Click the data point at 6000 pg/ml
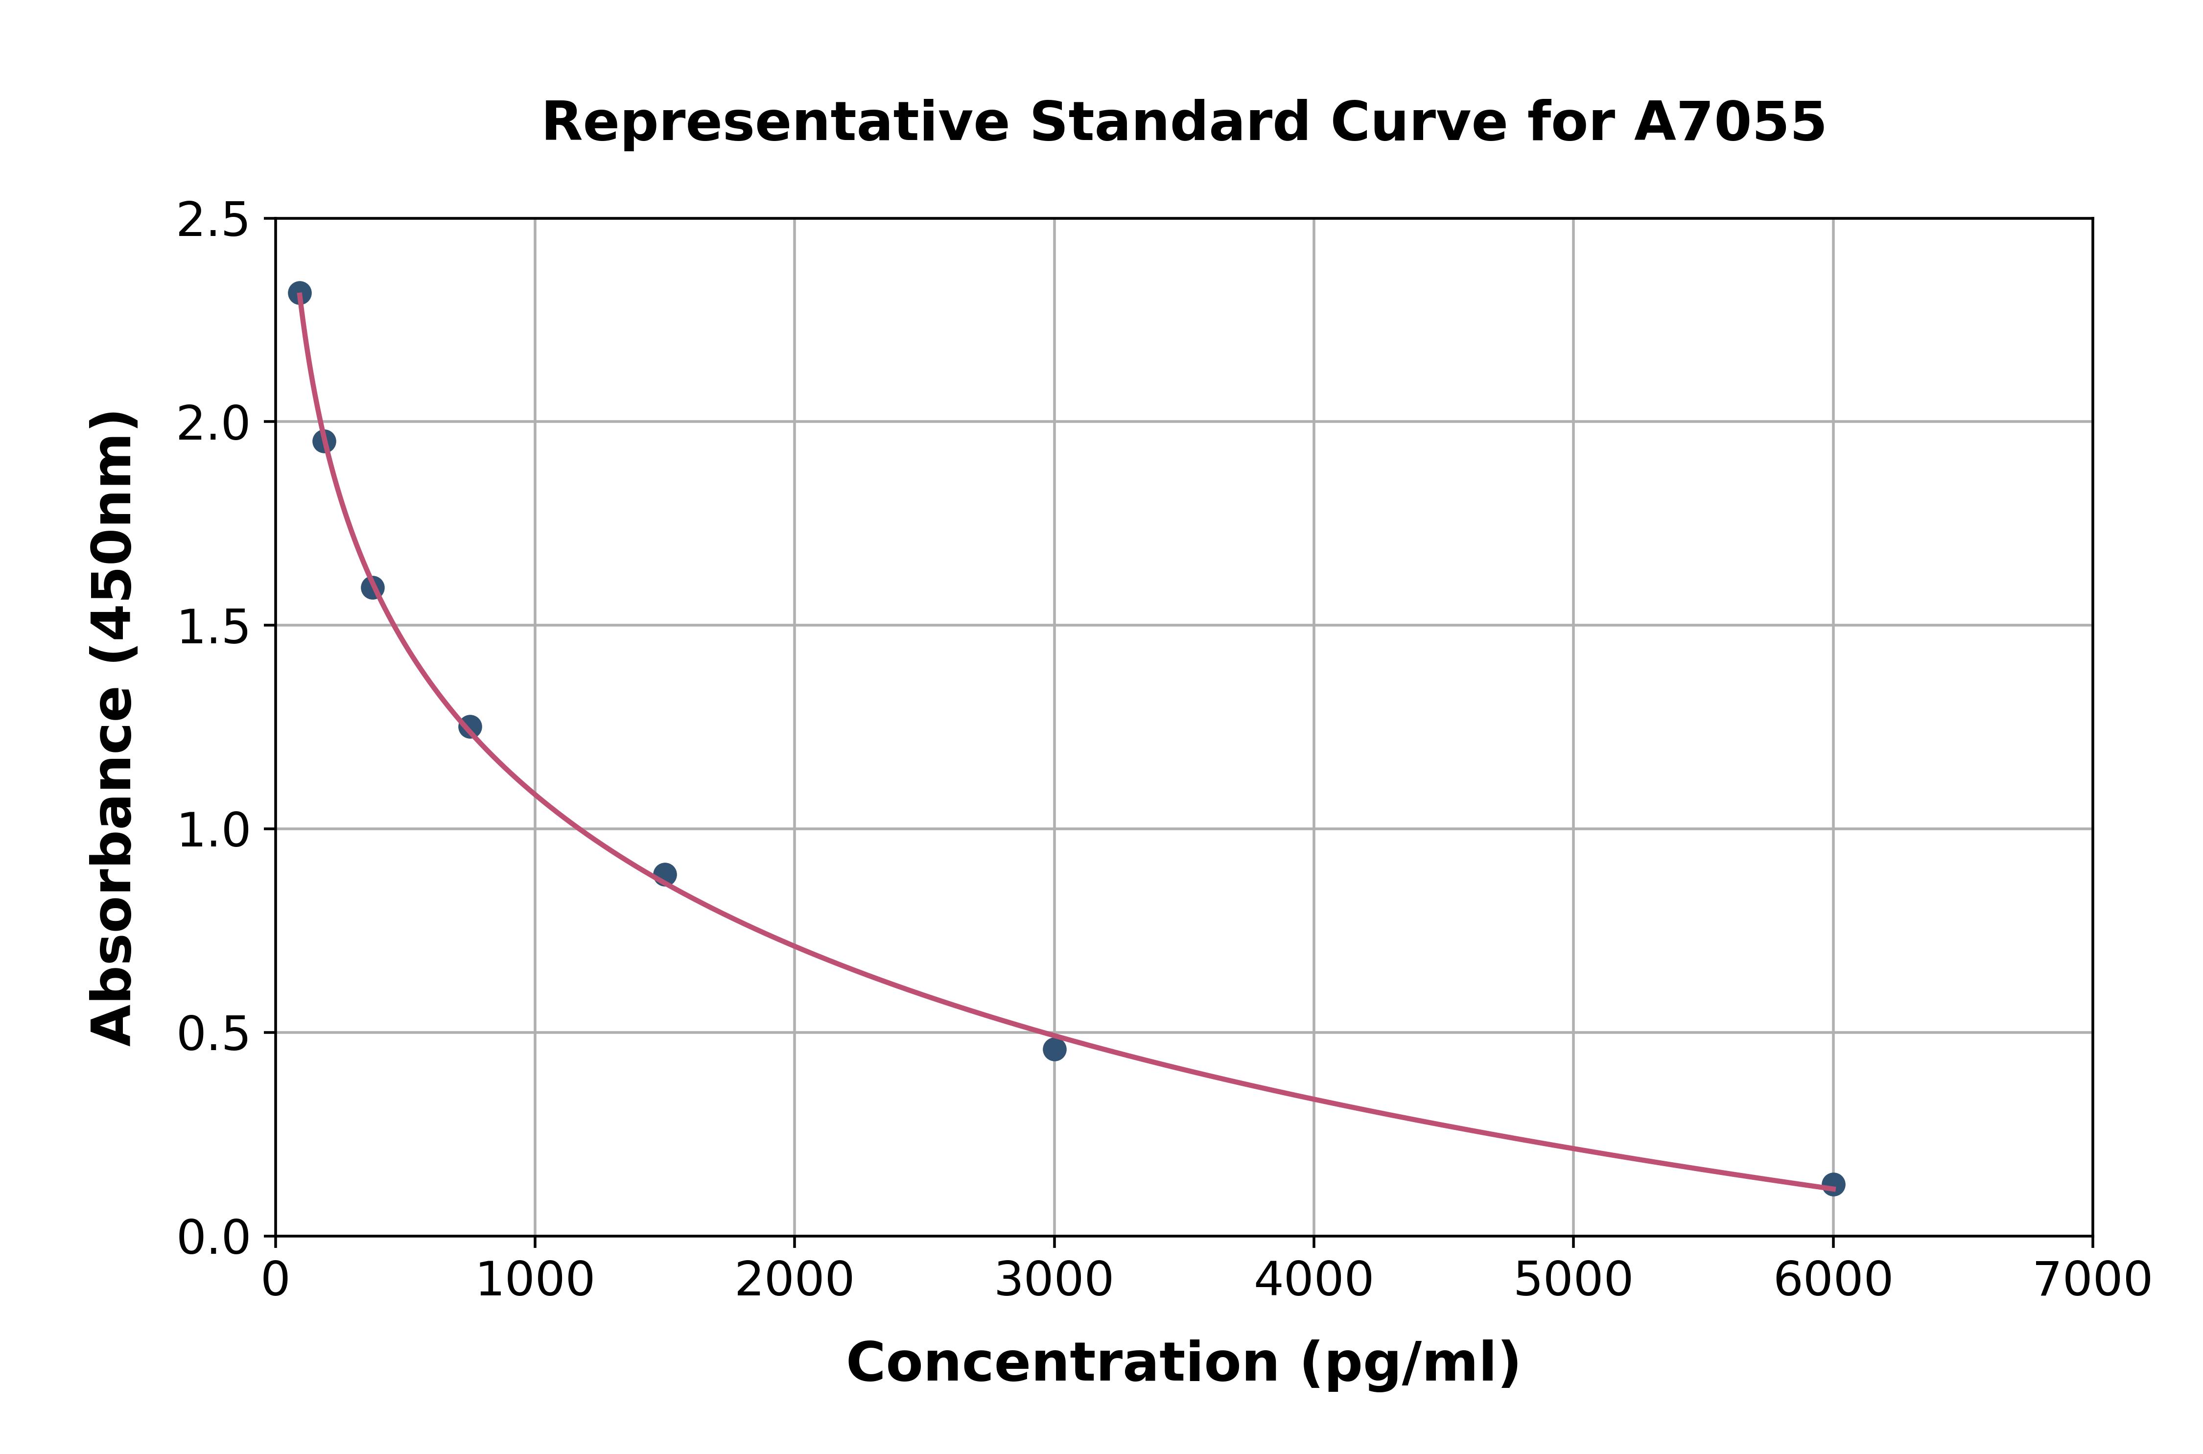point(1832,1184)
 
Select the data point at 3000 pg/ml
point(1054,1049)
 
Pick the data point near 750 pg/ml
point(470,726)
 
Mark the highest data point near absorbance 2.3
point(300,293)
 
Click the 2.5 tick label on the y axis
point(213,221)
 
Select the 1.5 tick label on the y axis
point(213,628)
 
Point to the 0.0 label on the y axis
point(213,1238)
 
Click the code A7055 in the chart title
point(1729,122)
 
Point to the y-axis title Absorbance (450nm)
point(113,728)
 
